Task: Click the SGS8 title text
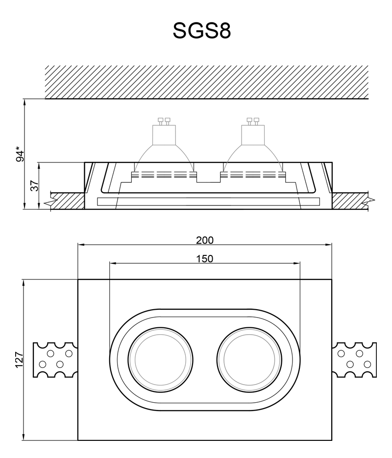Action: click(x=202, y=31)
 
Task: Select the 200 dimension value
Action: click(x=205, y=240)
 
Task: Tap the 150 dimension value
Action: click(x=205, y=259)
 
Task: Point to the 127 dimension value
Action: click(x=19, y=360)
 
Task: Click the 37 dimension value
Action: click(x=34, y=186)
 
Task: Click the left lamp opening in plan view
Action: click(x=160, y=360)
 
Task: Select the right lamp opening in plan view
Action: click(x=249, y=360)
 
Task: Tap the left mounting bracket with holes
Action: click(x=55, y=360)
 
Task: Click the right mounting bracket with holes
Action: click(x=354, y=360)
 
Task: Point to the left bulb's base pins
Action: click(x=164, y=121)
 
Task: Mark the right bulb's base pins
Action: click(x=253, y=121)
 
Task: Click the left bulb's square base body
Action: click(x=164, y=135)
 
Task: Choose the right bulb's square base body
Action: click(x=253, y=135)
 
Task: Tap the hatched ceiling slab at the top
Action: click(x=206, y=82)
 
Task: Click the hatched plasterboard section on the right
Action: click(x=350, y=201)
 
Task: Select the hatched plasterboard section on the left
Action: click(x=68, y=201)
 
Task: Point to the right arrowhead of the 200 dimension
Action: click(x=329, y=245)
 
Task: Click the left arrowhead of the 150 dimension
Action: click(x=113, y=263)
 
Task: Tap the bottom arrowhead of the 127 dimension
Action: click(x=24, y=436)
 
